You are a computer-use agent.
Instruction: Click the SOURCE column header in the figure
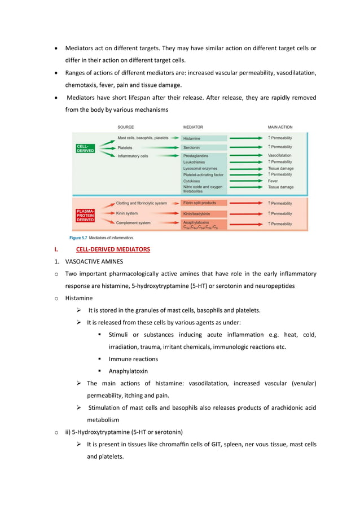click(125, 127)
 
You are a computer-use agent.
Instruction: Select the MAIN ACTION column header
click(280, 127)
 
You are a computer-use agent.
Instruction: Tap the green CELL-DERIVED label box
click(85, 148)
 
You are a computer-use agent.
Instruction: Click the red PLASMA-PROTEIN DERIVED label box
click(85, 214)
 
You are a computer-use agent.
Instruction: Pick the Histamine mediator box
click(204, 138)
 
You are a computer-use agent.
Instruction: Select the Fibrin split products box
click(204, 203)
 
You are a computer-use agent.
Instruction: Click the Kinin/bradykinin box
click(204, 214)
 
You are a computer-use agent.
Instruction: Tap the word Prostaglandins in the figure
click(196, 156)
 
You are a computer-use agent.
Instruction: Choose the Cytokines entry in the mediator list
click(192, 181)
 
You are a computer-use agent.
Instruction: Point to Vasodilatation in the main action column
click(279, 155)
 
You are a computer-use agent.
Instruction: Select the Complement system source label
click(133, 223)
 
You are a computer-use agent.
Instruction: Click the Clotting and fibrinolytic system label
click(141, 203)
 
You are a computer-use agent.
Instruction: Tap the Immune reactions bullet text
click(133, 359)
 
